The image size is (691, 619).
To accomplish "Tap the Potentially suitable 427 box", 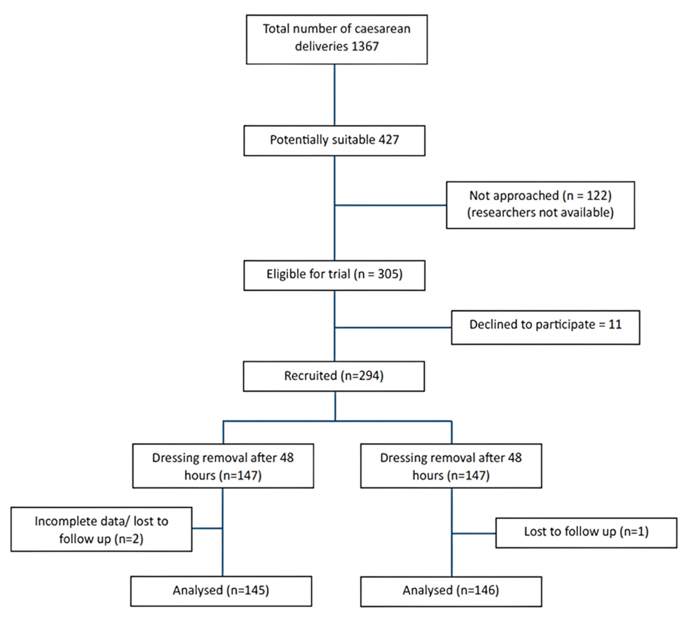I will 334,140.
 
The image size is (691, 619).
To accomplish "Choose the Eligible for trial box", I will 334,274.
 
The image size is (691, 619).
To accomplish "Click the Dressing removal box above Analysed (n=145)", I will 222,465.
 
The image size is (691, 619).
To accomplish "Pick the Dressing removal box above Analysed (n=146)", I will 451,465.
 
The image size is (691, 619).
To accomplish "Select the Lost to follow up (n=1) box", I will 586,532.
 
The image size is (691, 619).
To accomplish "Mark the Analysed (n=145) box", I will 222,590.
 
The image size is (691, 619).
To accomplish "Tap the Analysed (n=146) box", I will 451,590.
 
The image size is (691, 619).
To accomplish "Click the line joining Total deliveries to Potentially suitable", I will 334,95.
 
